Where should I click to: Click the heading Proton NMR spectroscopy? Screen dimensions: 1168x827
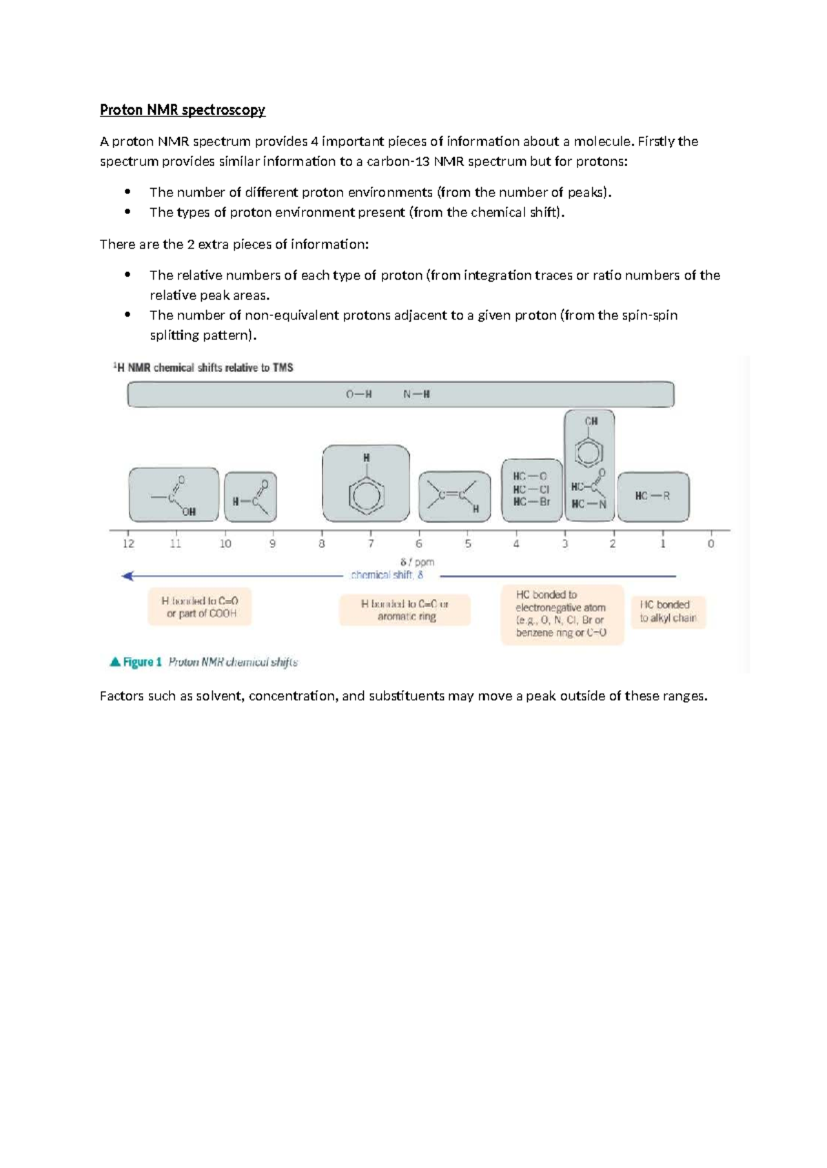click(182, 110)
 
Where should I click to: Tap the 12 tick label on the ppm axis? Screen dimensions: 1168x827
click(129, 543)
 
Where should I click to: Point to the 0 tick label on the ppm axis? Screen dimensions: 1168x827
click(711, 543)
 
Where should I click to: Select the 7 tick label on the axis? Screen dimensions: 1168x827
click(371, 543)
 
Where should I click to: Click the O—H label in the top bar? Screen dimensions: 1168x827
click(358, 395)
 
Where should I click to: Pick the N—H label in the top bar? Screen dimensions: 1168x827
click(416, 395)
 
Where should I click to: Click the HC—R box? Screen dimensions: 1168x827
click(653, 496)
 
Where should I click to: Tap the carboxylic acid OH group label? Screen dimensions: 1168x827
click(189, 512)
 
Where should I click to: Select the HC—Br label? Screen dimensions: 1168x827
click(531, 502)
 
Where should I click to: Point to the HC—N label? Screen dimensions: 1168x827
click(589, 504)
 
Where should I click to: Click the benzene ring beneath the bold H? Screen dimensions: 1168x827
click(366, 494)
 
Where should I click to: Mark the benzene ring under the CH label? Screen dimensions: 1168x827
click(590, 452)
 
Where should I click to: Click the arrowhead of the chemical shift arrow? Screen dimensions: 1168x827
click(127, 576)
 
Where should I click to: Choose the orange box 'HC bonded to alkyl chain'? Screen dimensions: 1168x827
click(668, 612)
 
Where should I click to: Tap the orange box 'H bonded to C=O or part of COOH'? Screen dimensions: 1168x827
click(200, 607)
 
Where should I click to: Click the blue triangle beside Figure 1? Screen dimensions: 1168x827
click(115, 662)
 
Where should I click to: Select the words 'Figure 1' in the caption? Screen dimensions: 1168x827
click(142, 662)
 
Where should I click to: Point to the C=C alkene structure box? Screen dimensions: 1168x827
click(454, 496)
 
